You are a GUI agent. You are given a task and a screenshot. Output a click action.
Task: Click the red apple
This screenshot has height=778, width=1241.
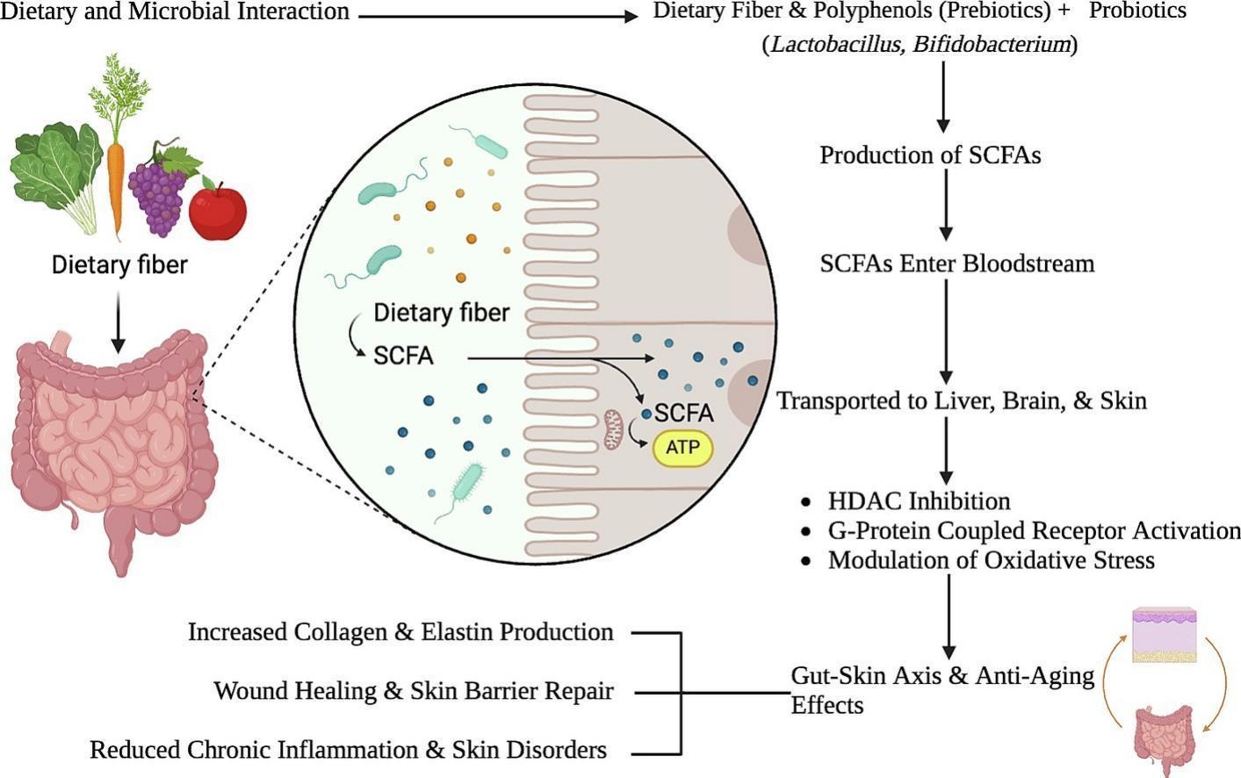click(x=217, y=211)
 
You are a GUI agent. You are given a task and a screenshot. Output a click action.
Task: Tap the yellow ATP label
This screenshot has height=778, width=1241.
click(x=682, y=448)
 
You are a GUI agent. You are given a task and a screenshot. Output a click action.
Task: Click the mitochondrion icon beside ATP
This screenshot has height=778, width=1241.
click(x=613, y=429)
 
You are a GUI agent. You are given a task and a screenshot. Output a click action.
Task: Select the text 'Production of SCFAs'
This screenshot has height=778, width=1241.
click(x=930, y=155)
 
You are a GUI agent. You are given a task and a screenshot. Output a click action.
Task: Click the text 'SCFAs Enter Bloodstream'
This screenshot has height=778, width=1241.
click(x=956, y=263)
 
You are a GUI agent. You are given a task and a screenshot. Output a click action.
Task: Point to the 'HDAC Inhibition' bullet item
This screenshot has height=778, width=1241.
click(x=918, y=501)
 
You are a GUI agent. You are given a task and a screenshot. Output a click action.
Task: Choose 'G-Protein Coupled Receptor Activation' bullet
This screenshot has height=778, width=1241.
click(x=1034, y=530)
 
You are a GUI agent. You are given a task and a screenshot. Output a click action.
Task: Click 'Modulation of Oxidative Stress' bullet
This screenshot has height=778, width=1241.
click(x=991, y=560)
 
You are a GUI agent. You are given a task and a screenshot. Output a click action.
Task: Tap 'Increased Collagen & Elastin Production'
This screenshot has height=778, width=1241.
click(x=400, y=632)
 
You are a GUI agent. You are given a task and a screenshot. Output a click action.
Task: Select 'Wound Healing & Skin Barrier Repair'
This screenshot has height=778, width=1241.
click(x=413, y=691)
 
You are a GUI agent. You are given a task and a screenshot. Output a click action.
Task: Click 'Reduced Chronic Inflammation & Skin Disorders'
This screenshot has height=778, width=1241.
click(x=348, y=750)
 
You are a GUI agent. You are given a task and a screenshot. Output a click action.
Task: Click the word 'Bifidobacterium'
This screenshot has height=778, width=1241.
click(x=991, y=44)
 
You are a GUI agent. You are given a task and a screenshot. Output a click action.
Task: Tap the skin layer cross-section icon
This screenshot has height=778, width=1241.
click(x=1165, y=634)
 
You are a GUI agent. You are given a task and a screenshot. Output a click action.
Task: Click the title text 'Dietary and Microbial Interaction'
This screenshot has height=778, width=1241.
click(x=176, y=11)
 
